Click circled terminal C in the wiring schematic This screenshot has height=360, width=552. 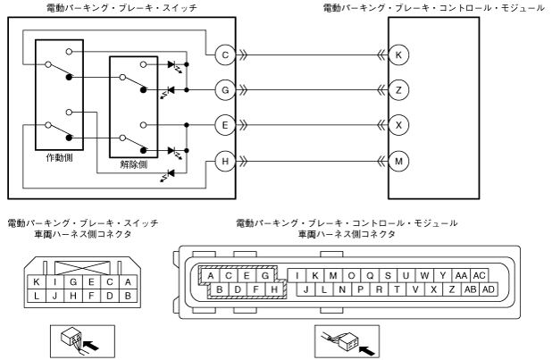(225, 54)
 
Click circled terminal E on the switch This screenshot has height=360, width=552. (225, 125)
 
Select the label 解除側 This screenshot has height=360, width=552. (134, 165)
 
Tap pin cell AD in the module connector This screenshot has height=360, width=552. (488, 289)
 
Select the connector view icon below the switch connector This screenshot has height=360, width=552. (78, 339)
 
